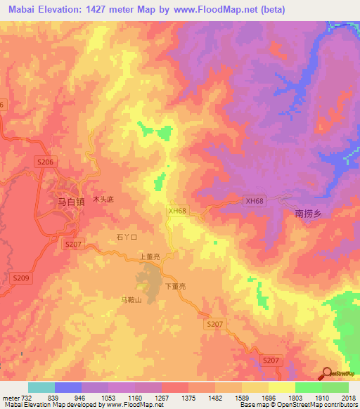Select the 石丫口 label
coord(123,238)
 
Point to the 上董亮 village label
coord(150,257)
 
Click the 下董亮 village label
coord(174,287)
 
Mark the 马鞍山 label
coord(131,300)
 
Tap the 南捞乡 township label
coord(307,213)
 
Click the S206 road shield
coord(45,162)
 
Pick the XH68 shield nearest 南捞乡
coord(255,201)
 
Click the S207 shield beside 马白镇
coord(73,244)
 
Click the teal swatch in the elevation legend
coord(41,387)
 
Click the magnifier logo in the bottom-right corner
coord(326,373)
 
